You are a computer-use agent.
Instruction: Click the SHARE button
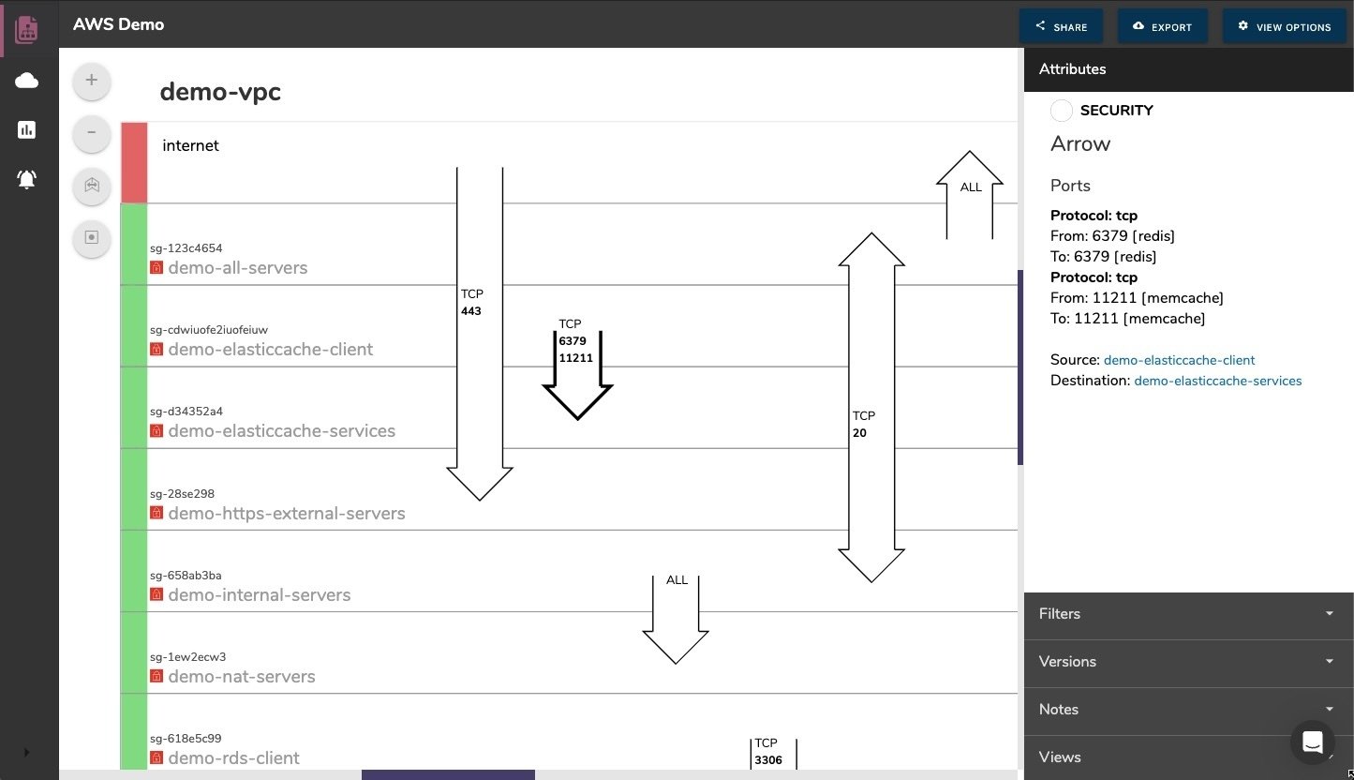(x=1061, y=27)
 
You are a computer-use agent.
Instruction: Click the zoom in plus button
(x=92, y=81)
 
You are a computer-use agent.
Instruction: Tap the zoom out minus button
(x=92, y=132)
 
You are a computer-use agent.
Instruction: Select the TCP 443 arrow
(x=480, y=375)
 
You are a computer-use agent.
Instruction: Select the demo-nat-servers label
(x=242, y=677)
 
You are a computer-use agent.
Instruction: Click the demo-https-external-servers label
(x=287, y=514)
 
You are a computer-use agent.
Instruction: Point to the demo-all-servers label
(x=238, y=268)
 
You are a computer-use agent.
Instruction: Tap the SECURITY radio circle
(x=1062, y=111)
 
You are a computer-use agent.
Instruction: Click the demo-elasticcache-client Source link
(x=1179, y=360)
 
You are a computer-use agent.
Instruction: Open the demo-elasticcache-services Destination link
(x=1217, y=381)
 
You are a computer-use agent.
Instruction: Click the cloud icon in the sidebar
(x=27, y=81)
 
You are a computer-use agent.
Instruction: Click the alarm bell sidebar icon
(x=27, y=179)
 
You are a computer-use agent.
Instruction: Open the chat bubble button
(x=1312, y=742)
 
